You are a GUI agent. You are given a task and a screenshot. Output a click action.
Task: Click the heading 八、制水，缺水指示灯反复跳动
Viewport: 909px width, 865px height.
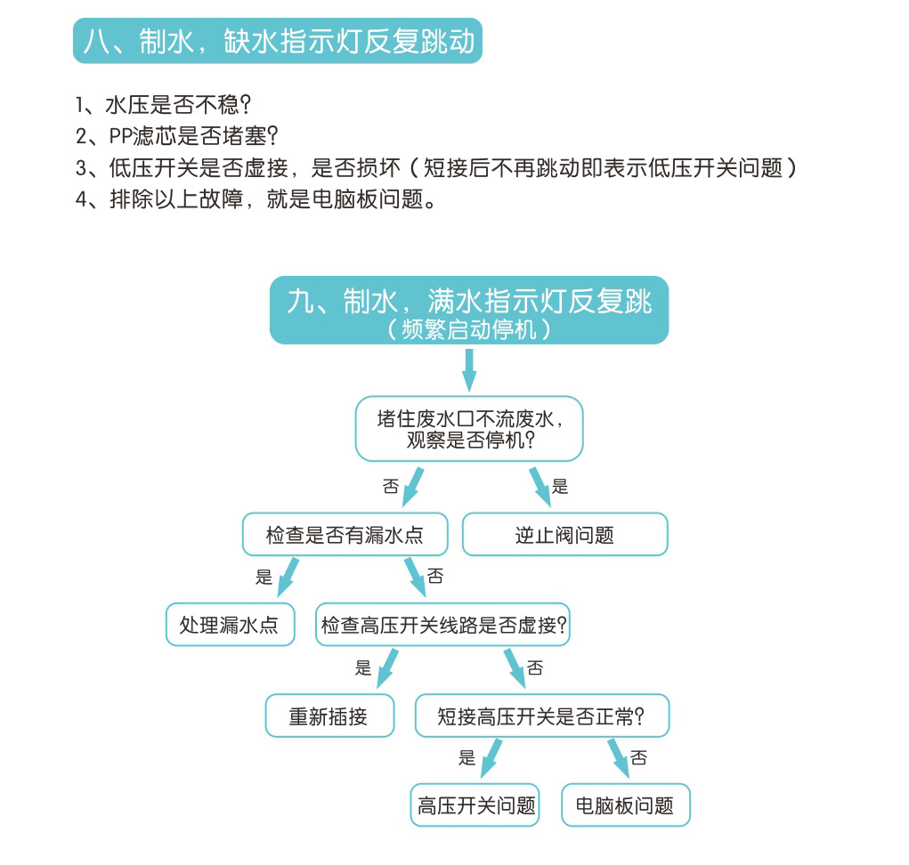coord(278,41)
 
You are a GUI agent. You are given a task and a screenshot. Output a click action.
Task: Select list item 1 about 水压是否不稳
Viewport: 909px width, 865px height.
coord(164,105)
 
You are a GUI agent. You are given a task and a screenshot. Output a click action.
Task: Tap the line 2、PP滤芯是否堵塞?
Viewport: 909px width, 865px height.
coord(177,136)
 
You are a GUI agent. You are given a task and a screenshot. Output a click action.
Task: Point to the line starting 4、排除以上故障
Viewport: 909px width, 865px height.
coord(256,199)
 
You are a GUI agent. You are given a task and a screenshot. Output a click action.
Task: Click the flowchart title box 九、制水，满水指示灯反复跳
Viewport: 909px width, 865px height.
coord(469,310)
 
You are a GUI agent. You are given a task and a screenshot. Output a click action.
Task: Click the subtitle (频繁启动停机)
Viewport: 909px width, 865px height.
coord(469,329)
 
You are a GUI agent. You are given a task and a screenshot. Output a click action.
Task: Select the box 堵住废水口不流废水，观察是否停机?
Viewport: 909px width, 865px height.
coord(469,429)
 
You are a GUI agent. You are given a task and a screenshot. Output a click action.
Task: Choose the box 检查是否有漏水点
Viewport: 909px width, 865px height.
coord(345,534)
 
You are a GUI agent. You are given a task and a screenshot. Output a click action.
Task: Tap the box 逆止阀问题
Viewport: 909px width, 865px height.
coord(564,534)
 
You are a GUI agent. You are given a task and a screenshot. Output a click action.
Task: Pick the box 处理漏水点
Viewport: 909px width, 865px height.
coord(231,625)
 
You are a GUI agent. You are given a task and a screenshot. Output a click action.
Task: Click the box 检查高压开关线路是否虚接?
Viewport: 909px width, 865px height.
coord(442,625)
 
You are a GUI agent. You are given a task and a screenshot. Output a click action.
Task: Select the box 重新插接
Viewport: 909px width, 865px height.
coord(330,715)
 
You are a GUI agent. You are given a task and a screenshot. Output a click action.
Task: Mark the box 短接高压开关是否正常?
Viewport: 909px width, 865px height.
coord(542,715)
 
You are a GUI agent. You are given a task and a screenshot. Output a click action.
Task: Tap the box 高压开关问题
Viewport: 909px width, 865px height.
coord(475,805)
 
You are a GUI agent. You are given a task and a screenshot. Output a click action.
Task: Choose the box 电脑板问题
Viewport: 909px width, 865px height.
coord(626,805)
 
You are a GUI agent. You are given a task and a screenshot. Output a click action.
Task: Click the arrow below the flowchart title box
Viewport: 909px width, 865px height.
coord(469,370)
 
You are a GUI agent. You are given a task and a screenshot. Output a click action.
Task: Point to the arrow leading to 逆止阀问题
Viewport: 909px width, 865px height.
coord(540,488)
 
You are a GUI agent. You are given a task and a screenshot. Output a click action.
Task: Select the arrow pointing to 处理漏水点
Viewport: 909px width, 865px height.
coord(288,577)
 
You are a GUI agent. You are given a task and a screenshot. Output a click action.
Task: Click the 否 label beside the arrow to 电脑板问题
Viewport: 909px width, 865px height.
coord(638,757)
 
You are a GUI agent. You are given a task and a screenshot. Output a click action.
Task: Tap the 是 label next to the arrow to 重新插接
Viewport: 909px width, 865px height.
coord(363,667)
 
